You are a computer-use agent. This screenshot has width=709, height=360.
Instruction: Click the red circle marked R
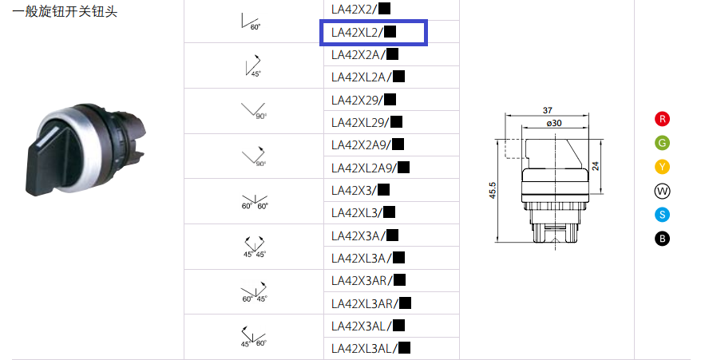click(662, 119)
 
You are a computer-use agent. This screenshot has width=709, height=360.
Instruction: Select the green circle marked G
click(662, 143)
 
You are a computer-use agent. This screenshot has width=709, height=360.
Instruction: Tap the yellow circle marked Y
click(662, 167)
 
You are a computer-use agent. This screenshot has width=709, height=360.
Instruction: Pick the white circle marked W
click(662, 191)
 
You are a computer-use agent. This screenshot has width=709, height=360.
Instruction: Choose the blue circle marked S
click(662, 215)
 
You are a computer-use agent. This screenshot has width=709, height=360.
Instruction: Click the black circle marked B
click(662, 239)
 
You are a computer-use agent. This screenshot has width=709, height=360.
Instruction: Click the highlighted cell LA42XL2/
click(374, 32)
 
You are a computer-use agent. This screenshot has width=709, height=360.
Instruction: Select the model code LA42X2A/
click(364, 55)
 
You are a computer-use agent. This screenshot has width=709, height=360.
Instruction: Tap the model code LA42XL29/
click(366, 122)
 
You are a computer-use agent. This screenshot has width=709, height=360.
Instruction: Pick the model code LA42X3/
click(360, 190)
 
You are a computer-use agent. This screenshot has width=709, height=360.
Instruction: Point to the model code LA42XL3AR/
click(370, 303)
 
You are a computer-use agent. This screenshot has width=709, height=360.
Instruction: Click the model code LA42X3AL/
click(367, 326)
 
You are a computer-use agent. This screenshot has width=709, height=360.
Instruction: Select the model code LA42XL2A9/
click(370, 168)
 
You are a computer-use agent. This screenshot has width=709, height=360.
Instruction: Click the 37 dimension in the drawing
click(547, 110)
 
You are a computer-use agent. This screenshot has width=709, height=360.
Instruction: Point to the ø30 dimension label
click(554, 123)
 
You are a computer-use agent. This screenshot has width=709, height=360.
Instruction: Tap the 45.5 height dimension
click(493, 191)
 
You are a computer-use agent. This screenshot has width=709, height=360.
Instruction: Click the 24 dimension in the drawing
click(596, 166)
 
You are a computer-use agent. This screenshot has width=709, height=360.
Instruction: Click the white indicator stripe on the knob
click(50, 136)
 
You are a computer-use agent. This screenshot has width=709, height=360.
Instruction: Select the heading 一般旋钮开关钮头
click(65, 11)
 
